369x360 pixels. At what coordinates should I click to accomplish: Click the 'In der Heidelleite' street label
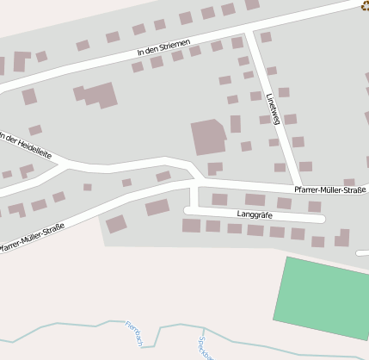click(x=25, y=146)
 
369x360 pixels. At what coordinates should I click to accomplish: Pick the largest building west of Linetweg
click(x=207, y=137)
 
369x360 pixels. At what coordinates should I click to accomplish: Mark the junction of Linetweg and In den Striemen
click(x=248, y=32)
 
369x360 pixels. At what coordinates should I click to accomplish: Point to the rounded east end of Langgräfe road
click(x=321, y=219)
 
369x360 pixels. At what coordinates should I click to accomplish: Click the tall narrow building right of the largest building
click(x=235, y=124)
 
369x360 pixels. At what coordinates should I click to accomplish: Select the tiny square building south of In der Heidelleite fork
click(x=88, y=187)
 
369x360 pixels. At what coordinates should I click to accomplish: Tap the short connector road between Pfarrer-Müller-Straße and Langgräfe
click(x=194, y=196)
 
